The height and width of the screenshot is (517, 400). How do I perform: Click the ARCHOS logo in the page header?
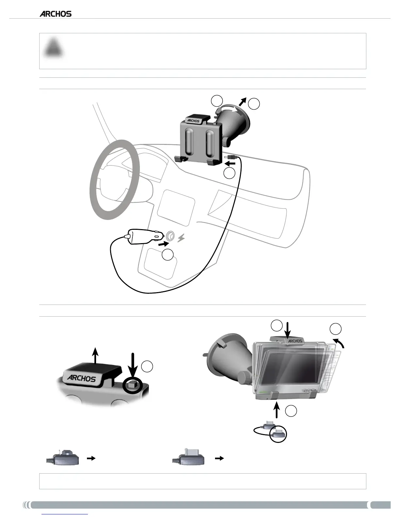point(56,14)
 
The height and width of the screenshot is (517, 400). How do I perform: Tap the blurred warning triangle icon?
point(54,48)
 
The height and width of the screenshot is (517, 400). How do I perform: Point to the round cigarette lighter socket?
point(170,236)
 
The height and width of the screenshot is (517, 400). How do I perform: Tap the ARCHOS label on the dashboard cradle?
point(193,120)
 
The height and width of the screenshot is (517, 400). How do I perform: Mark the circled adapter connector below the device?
point(278,434)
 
